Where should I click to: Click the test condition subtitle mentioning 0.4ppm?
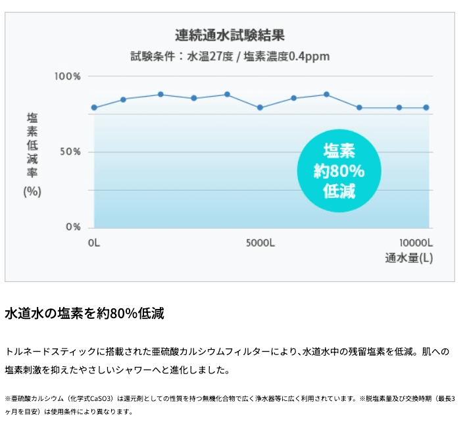tap(230, 57)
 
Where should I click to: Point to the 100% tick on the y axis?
tap(67, 76)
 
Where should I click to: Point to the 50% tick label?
tap(69, 152)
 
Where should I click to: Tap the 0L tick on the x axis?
tap(93, 243)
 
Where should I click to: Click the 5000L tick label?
tap(260, 243)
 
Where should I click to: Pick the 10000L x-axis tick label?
tap(416, 243)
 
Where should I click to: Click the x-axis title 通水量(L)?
tap(409, 258)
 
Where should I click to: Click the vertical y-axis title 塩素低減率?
tap(32, 145)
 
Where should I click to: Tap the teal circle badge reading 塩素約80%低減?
tap(339, 171)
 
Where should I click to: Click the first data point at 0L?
tap(94, 107)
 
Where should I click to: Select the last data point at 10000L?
tap(426, 107)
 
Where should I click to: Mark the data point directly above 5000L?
tap(260, 107)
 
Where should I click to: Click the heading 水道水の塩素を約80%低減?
tap(84, 314)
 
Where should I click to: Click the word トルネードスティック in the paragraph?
tap(45, 352)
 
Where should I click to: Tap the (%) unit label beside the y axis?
tap(32, 191)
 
